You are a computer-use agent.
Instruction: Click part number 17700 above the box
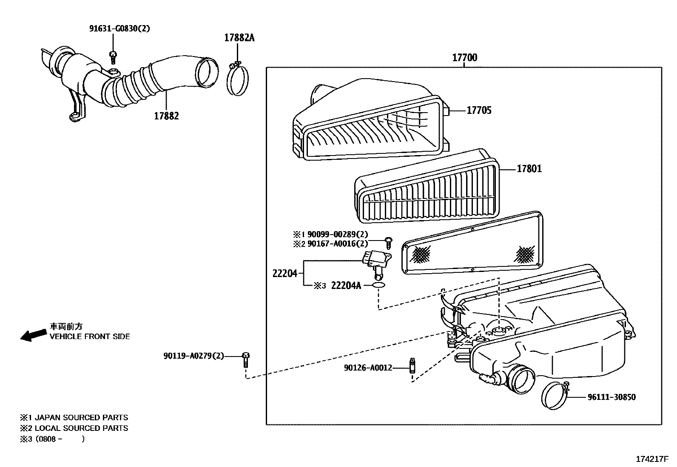tap(464, 57)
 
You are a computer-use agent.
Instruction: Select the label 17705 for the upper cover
tap(479, 110)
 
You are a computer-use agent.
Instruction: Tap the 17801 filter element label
tap(529, 169)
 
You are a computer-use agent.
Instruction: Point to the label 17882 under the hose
tap(166, 116)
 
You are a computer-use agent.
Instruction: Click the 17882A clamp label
tap(239, 38)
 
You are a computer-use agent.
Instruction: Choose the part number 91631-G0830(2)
tap(119, 28)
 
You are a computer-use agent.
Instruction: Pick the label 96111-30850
tap(612, 397)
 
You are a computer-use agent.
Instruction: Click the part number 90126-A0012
tap(368, 368)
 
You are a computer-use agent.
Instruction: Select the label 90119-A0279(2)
tap(193, 356)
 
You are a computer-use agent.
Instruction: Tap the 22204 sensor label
tap(284, 273)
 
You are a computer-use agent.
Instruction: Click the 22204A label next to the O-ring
tap(346, 286)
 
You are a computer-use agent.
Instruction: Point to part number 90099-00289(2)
tap(338, 234)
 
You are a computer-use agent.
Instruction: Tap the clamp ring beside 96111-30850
tap(555, 395)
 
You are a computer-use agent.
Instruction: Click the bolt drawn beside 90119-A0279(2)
tap(246, 359)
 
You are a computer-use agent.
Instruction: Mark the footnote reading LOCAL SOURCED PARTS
tap(81, 428)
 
